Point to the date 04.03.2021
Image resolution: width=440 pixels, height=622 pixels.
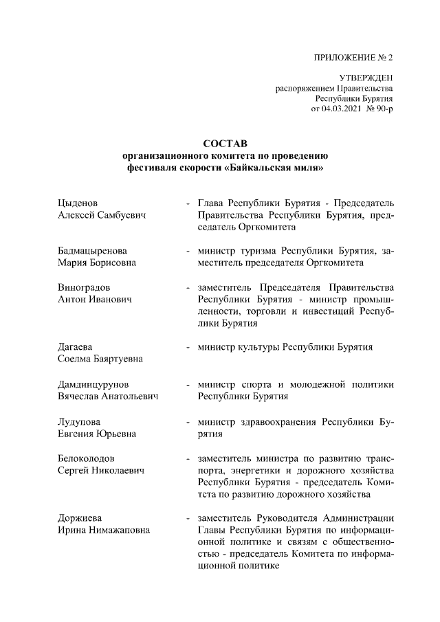pos(341,109)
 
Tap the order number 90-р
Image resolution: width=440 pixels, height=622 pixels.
pos(384,109)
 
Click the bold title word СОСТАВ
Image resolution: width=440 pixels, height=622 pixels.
pos(221,144)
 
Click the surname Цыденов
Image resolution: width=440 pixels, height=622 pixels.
pos(77,203)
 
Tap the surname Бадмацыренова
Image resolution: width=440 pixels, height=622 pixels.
pos(92,251)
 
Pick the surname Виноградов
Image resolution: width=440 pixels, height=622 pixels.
pos(84,287)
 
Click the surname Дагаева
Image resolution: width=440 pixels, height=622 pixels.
pos(74,346)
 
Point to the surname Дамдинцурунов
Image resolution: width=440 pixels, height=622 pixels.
pos(93,383)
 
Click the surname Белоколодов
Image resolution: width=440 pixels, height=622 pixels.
pos(86,458)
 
